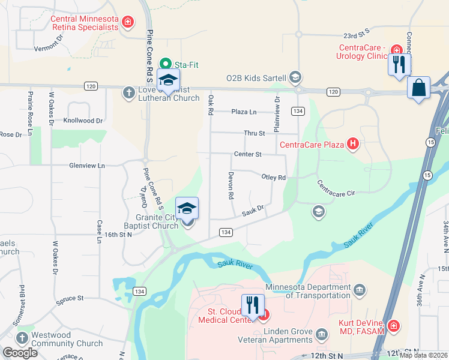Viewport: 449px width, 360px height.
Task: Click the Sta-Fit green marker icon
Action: point(164,64)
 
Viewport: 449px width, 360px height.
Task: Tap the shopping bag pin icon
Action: point(418,88)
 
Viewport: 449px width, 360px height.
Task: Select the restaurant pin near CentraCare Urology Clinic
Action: point(399,63)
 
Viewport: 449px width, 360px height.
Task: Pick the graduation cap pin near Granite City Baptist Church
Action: point(187,209)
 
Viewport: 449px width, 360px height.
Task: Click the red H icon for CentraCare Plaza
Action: point(353,144)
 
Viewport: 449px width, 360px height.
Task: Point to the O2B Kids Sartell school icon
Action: point(295,77)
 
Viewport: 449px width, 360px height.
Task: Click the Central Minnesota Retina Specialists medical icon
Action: point(127,23)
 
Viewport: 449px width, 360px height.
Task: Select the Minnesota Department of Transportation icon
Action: point(359,290)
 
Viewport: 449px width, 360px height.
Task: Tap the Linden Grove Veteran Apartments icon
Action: point(322,333)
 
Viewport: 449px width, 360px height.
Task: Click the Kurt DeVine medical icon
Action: point(393,325)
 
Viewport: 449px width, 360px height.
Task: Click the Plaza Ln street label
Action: point(244,112)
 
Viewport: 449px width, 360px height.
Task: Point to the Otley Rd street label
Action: point(273,177)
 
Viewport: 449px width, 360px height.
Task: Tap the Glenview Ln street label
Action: point(86,165)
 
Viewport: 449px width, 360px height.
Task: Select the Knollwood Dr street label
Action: point(86,121)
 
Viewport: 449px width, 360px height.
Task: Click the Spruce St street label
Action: point(70,298)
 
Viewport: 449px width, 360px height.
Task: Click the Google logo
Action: point(20,353)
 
